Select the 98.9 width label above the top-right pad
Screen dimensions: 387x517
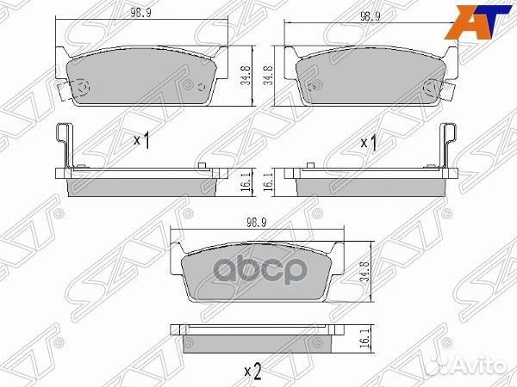(x=371, y=18)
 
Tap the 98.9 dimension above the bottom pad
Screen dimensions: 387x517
(x=258, y=222)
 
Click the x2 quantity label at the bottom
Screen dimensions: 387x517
(x=253, y=372)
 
